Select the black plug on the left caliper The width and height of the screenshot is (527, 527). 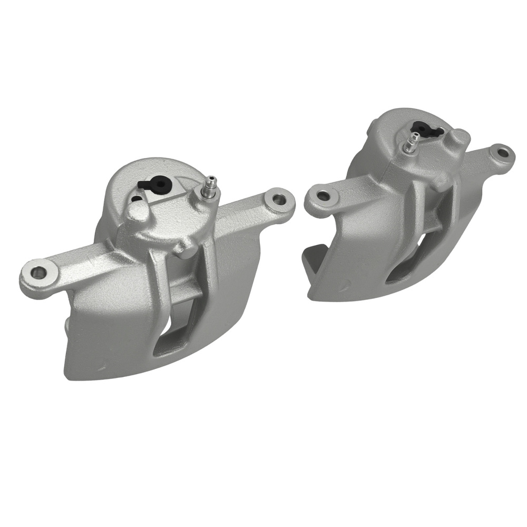[154, 184]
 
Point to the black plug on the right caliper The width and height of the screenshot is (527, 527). [426, 129]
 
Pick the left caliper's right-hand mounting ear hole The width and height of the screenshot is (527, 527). [278, 200]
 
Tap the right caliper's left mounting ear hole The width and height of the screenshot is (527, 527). [323, 196]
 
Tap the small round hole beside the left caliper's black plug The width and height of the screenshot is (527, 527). [136, 199]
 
